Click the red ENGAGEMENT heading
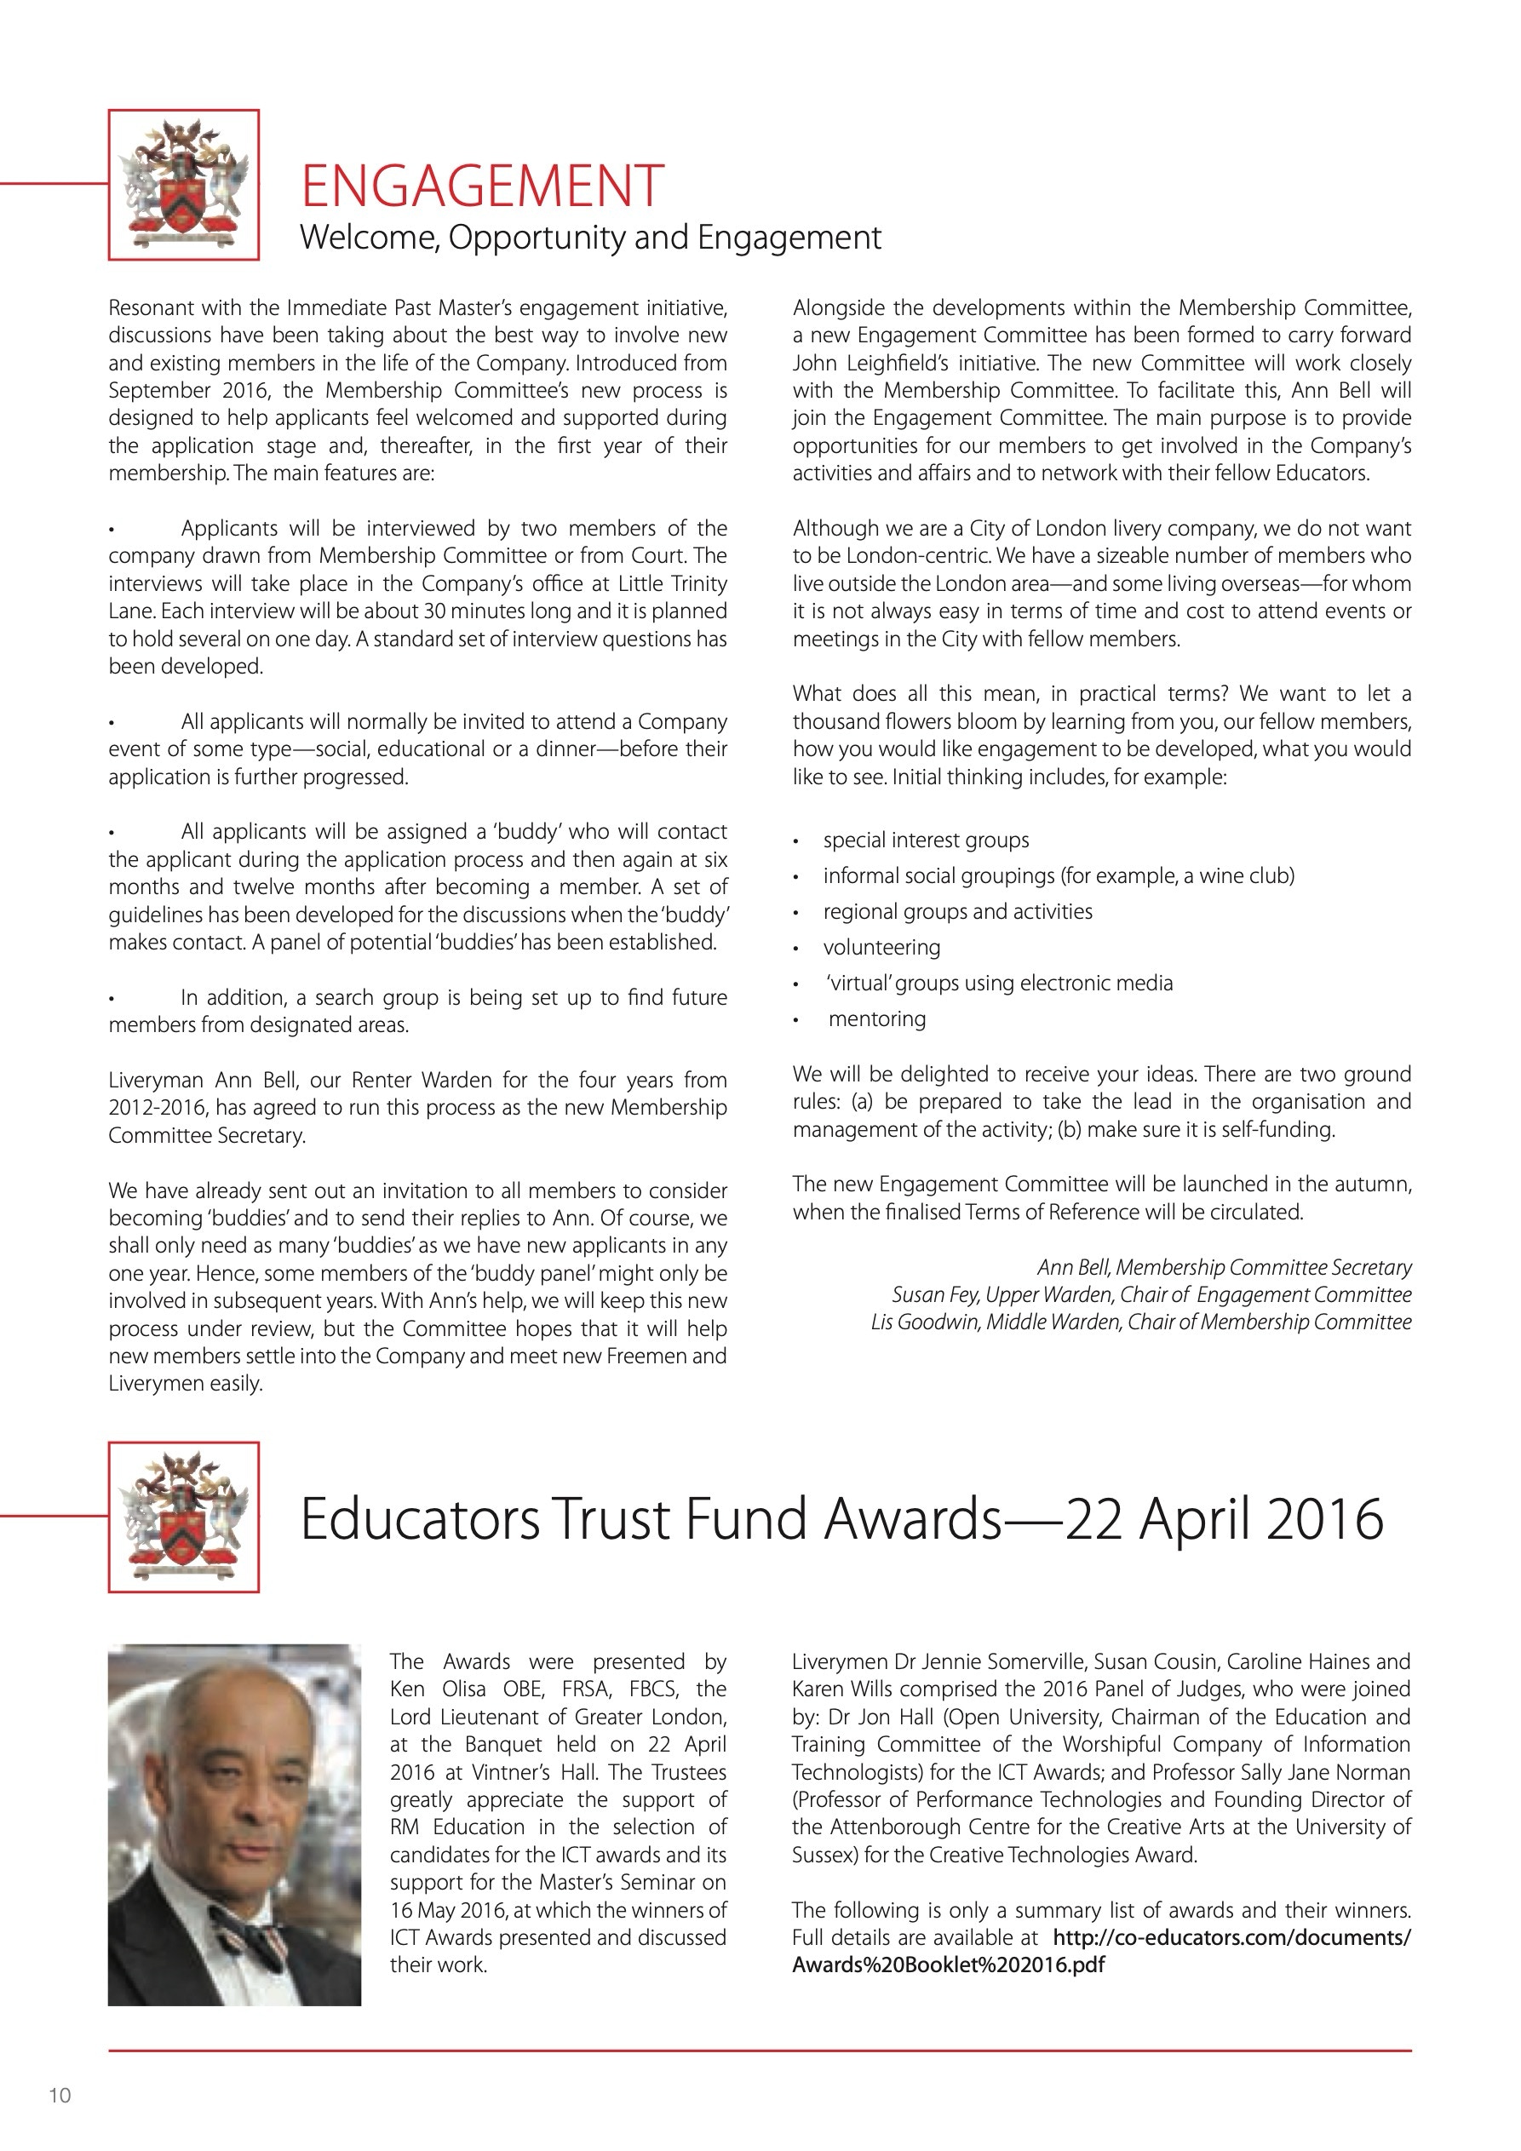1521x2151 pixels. (482, 185)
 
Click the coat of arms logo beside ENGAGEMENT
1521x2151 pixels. (184, 185)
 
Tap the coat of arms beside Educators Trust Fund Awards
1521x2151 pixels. (184, 1517)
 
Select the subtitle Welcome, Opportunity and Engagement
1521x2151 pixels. (589, 237)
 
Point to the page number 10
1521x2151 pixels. (60, 2096)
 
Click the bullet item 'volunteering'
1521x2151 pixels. (881, 947)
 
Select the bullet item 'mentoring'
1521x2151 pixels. (876, 1018)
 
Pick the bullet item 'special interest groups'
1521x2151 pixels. (926, 840)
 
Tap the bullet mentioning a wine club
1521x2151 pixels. (1058, 876)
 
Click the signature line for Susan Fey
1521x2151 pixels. (1151, 1294)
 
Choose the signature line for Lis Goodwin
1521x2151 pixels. (1140, 1322)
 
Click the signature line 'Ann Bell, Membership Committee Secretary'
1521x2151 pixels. (1224, 1268)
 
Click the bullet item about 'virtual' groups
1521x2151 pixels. (999, 983)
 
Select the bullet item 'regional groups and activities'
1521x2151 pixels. (957, 911)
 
